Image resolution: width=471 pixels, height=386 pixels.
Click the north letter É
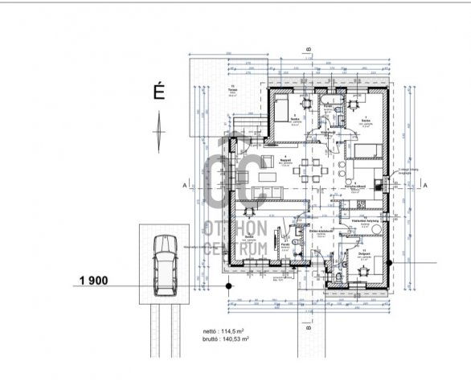(159, 92)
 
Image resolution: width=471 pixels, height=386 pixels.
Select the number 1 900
(95, 281)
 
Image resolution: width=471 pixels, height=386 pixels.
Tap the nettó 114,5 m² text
(226, 331)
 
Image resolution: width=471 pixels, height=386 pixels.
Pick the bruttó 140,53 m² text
(227, 339)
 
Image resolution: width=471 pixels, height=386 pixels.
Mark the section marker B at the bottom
(309, 328)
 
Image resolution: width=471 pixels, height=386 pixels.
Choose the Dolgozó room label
(362, 253)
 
